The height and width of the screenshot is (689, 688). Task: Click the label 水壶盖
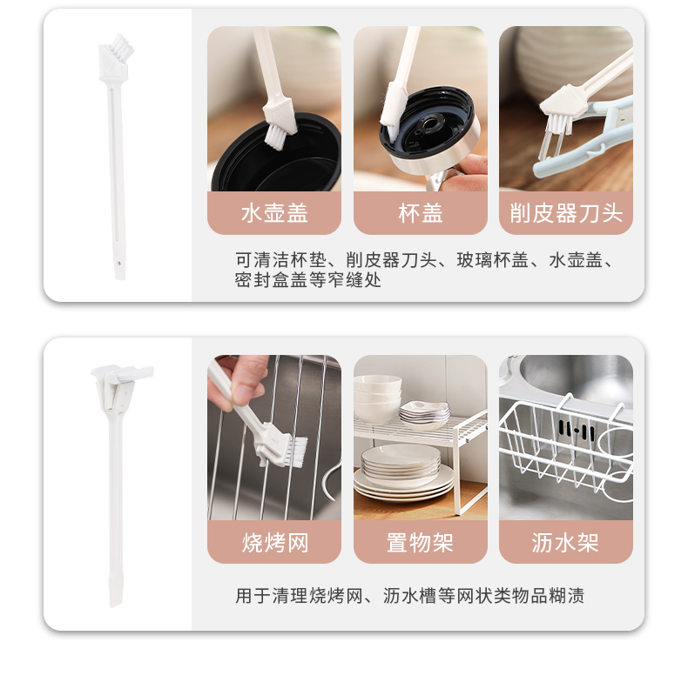[x=274, y=213]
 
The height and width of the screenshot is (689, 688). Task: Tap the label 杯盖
[x=421, y=213]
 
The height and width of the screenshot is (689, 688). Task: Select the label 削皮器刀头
[x=566, y=213]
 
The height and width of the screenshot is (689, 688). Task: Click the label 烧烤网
[x=275, y=542]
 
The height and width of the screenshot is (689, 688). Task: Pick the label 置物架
[x=420, y=542]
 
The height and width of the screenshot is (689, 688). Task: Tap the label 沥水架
[x=565, y=542]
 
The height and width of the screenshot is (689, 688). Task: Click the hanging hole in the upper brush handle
[x=118, y=264]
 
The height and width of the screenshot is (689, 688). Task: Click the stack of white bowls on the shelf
[x=377, y=399]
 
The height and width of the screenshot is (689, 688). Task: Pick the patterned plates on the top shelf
[x=424, y=414]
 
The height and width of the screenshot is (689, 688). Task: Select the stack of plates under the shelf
[x=402, y=472]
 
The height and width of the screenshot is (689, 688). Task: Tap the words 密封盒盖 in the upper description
[x=271, y=280]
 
